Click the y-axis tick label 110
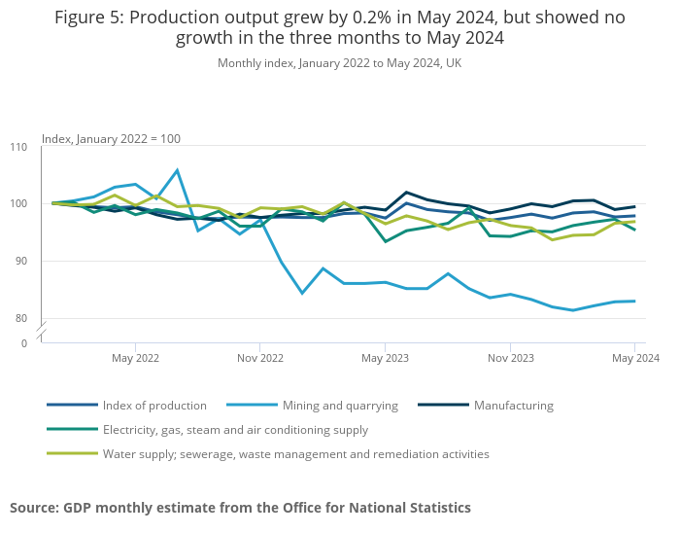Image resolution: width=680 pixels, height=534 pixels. [19, 147]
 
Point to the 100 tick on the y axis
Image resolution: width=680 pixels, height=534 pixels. [19, 204]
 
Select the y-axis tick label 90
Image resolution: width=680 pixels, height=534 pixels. [21, 262]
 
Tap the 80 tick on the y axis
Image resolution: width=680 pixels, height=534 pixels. [21, 319]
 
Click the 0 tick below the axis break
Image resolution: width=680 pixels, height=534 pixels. [24, 343]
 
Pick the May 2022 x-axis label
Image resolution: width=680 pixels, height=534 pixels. [135, 358]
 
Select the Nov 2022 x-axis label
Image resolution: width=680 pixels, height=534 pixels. [259, 358]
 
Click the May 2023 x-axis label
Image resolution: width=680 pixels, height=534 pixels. [385, 358]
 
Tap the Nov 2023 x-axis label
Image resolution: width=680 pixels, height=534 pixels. [510, 358]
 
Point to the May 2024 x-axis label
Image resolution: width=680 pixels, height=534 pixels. [634, 358]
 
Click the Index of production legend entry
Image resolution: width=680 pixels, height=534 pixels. [154, 406]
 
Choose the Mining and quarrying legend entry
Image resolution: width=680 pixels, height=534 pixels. [340, 406]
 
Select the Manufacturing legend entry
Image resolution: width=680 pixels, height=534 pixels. [513, 406]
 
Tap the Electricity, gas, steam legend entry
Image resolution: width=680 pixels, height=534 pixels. [235, 430]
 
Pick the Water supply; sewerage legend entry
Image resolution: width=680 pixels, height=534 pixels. [295, 454]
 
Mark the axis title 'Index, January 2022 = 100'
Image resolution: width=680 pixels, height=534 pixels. [111, 139]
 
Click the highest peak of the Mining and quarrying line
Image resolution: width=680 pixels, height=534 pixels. [177, 170]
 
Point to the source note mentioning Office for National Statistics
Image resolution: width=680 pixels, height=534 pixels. [240, 508]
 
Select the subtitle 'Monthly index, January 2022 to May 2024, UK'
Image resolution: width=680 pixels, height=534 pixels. [339, 63]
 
